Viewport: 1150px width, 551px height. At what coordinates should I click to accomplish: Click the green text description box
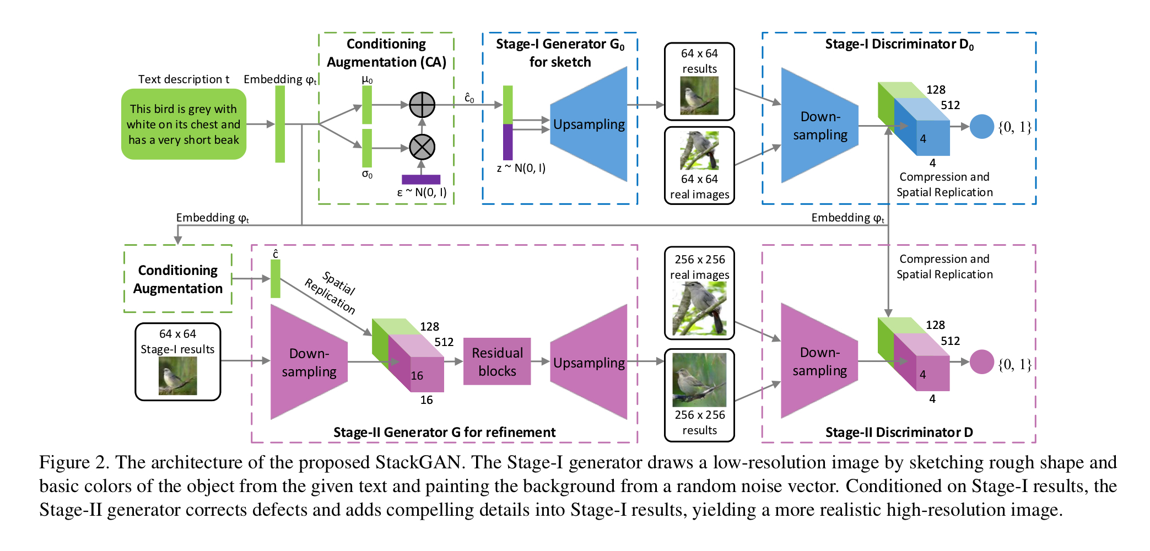[x=183, y=124]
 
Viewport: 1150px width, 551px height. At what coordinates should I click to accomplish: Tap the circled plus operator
[x=422, y=105]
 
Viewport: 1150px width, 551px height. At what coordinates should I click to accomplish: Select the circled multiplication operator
[x=422, y=147]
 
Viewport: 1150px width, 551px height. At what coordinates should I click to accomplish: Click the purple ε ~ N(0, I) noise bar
[x=421, y=180]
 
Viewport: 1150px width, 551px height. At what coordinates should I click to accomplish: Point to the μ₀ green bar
[x=367, y=105]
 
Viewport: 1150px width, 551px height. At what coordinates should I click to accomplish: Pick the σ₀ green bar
[x=367, y=148]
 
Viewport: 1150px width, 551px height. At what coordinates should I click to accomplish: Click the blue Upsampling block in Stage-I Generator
[x=589, y=124]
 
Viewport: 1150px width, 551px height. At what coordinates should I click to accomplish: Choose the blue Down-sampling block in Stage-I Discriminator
[x=819, y=126]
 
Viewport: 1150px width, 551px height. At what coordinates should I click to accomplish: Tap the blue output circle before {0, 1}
[x=981, y=127]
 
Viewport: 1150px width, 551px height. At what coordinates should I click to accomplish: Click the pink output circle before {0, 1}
[x=981, y=362]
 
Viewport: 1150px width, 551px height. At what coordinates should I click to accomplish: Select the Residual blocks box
[x=497, y=361]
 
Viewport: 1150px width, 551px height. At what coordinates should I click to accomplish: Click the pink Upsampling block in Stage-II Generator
[x=589, y=362]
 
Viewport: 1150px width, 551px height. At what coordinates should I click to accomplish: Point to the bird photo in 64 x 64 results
[x=699, y=95]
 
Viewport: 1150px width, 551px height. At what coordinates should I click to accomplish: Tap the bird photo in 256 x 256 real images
[x=699, y=309]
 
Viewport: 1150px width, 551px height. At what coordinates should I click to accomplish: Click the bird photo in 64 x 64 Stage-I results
[x=177, y=376]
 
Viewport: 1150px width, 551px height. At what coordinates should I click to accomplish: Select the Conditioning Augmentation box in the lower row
[x=178, y=279]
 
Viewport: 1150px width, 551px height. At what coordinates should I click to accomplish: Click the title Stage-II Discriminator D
[x=899, y=433]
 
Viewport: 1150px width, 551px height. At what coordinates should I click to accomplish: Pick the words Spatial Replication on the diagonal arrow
[x=331, y=292]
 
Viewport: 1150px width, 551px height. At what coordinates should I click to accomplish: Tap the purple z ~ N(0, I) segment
[x=507, y=142]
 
